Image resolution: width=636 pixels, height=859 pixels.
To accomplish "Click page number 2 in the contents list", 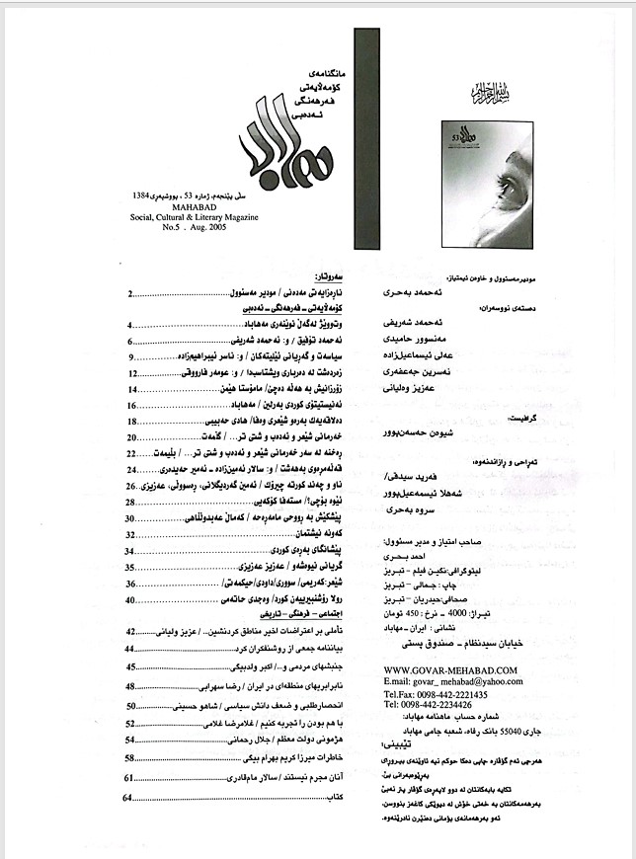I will (131, 294).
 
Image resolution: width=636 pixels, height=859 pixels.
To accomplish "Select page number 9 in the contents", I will (130, 355).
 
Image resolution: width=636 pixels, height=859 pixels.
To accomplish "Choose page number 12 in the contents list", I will (133, 375).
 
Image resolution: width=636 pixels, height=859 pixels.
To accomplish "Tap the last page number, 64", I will (129, 797).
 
